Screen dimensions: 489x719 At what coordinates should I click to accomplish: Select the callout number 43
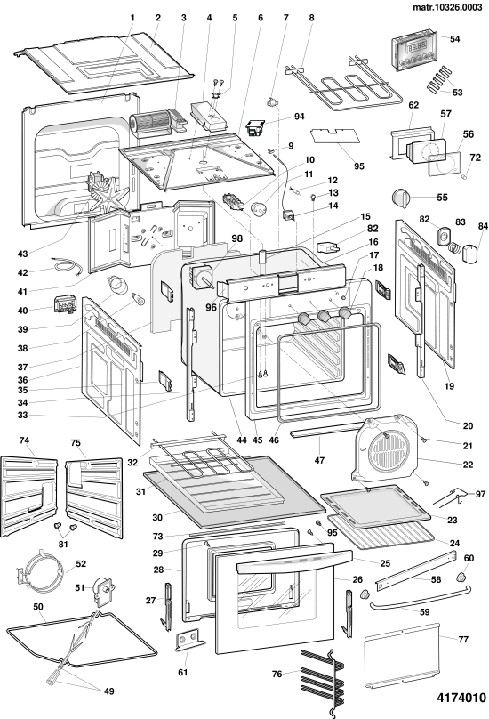coord(23,254)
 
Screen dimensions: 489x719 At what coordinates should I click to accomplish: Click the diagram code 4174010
coord(461,698)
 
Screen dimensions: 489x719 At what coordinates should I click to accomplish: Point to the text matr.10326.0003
coord(447,7)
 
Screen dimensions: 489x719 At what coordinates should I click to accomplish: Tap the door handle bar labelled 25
coord(294,561)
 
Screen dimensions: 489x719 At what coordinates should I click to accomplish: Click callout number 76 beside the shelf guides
coord(277,674)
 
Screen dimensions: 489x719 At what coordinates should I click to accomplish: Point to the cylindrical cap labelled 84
coord(469,254)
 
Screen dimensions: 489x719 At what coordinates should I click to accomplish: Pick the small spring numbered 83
coord(454,247)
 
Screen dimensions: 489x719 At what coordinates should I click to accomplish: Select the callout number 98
coord(236,238)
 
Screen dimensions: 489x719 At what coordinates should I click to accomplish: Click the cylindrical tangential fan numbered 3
coord(152,123)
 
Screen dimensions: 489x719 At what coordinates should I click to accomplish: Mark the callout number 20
coord(468,425)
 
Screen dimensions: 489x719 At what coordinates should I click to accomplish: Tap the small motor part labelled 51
coord(105,590)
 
